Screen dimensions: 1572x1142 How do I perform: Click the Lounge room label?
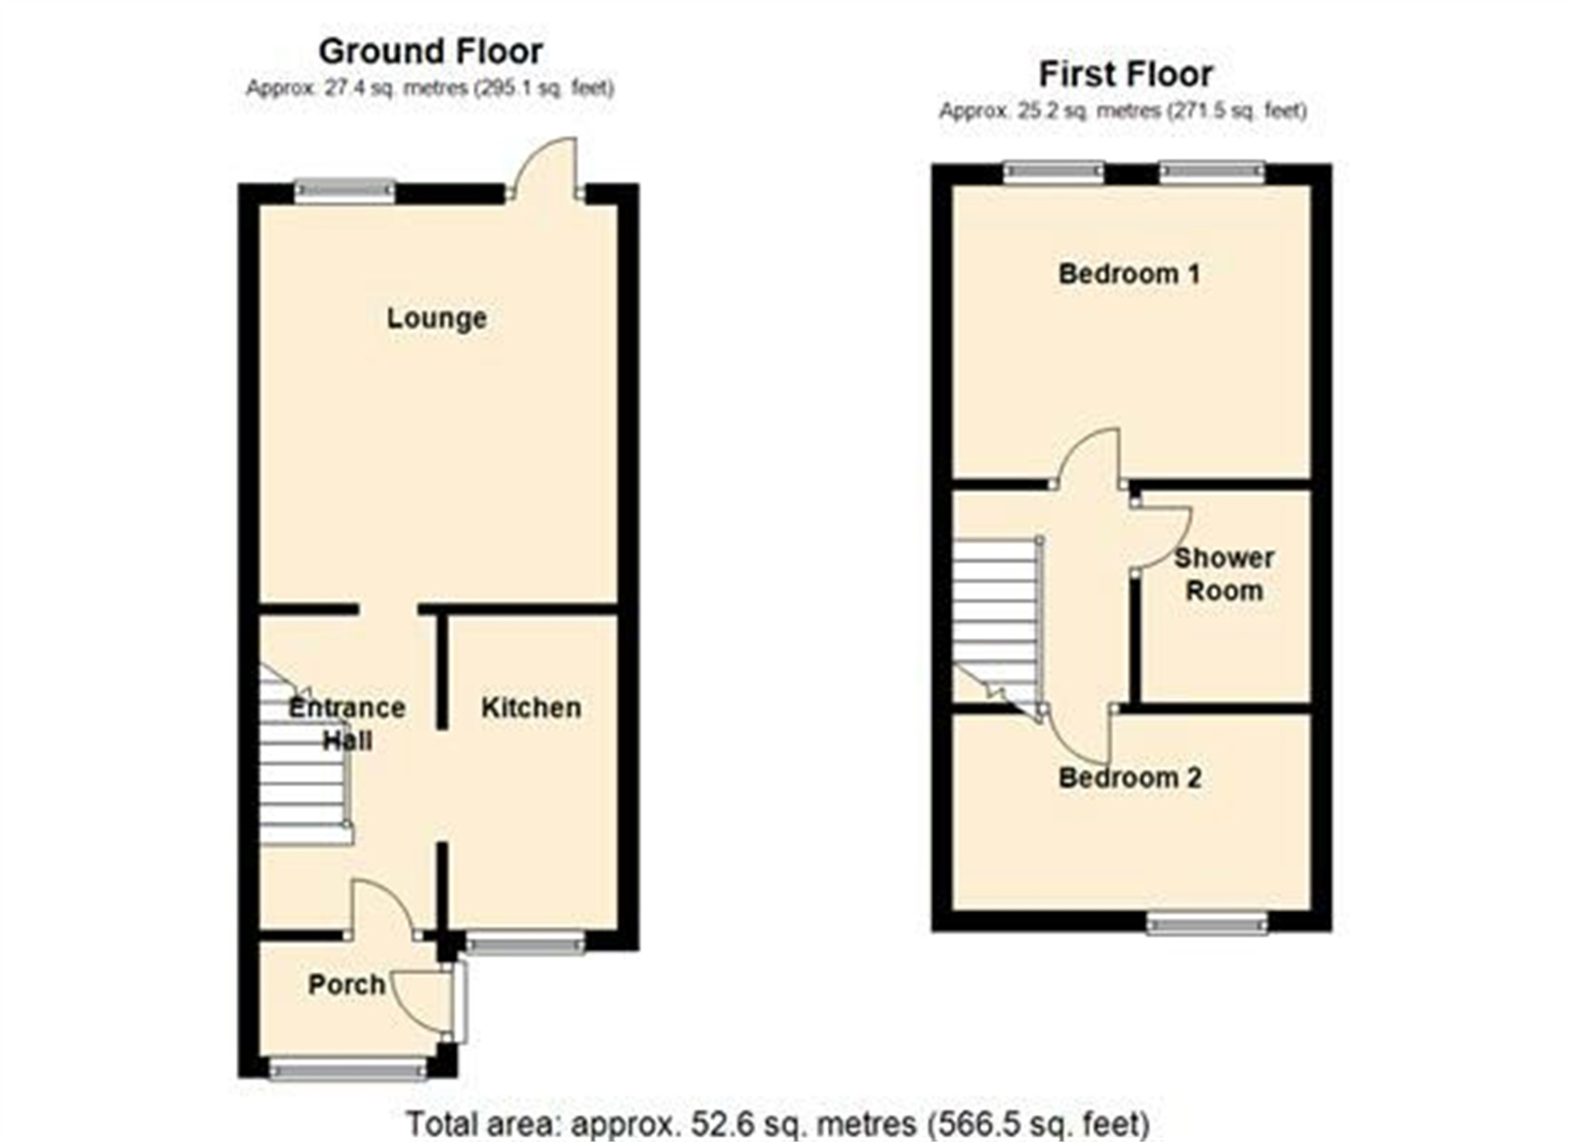click(436, 318)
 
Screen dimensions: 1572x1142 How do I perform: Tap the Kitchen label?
click(531, 708)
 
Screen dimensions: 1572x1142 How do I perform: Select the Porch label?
click(346, 985)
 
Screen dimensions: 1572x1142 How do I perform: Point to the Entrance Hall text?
click(347, 724)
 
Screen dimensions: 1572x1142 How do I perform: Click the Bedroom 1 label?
click(1129, 274)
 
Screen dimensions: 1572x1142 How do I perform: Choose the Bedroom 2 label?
click(1130, 777)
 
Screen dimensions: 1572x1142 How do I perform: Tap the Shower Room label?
click(1223, 574)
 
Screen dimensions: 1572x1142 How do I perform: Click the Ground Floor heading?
click(430, 52)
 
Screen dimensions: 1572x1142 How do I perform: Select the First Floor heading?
click(1125, 74)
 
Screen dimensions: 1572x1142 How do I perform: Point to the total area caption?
click(778, 1123)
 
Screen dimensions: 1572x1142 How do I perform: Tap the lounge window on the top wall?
click(345, 192)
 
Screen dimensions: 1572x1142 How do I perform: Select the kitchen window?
click(525, 942)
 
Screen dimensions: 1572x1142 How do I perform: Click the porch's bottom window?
click(347, 1070)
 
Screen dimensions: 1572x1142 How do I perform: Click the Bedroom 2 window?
click(1207, 922)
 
